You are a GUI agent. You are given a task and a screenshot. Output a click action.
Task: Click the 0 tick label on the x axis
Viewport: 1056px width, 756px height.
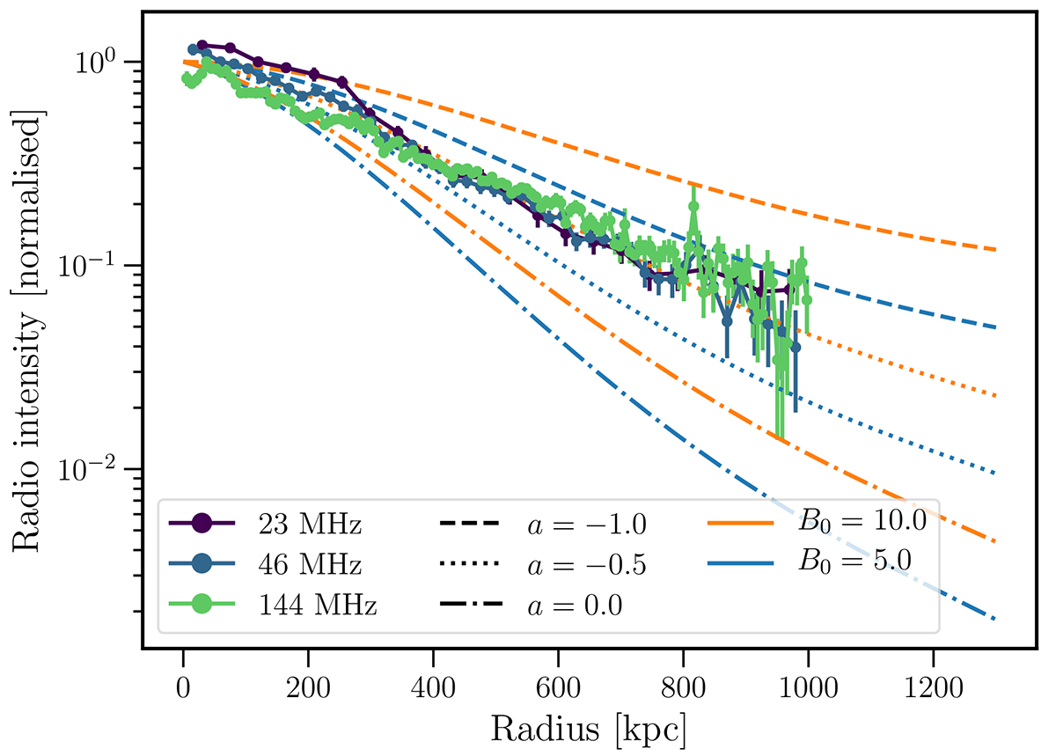click(x=183, y=682)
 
